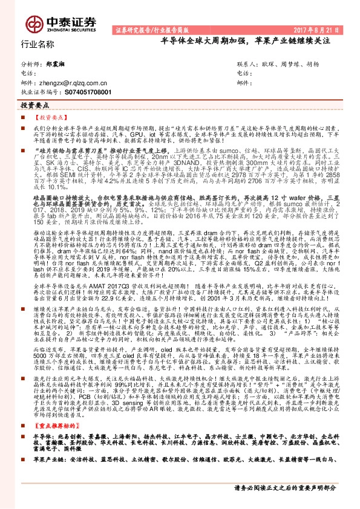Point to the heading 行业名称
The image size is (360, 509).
tap(38, 44)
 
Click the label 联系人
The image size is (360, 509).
tap(247, 63)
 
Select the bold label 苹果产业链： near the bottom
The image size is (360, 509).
tap(48, 476)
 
